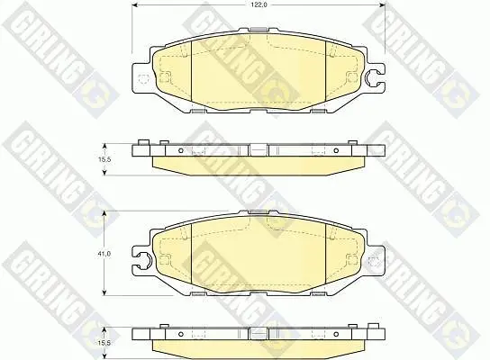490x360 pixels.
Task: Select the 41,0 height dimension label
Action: click(x=105, y=254)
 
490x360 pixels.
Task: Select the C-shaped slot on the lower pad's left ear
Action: click(x=145, y=260)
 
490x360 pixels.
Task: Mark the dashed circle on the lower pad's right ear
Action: click(x=374, y=262)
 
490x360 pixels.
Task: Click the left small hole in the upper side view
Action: click(x=180, y=151)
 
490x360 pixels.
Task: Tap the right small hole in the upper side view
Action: click(x=336, y=151)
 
